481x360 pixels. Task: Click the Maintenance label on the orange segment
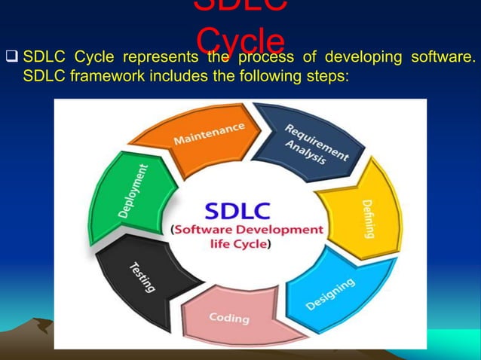click(209, 134)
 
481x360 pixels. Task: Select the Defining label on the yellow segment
click(369, 218)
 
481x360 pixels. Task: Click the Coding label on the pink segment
click(228, 318)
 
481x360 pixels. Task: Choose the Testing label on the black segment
click(142, 276)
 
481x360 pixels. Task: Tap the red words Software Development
click(248, 229)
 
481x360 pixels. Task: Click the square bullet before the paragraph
click(11, 58)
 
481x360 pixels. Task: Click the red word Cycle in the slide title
click(240, 39)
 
